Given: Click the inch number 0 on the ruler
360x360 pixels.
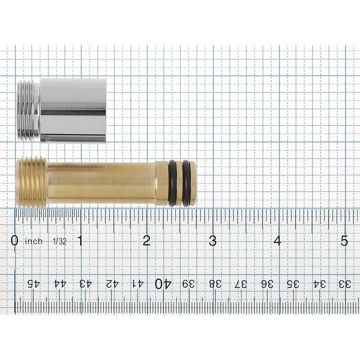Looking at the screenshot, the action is point(15,241).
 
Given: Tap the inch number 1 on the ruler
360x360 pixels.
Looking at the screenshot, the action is point(80,241).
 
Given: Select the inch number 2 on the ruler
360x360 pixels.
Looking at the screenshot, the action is point(146,241).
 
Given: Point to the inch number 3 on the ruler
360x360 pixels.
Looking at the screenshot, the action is point(213,241).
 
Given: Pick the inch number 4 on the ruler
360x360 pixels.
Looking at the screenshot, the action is point(277,241).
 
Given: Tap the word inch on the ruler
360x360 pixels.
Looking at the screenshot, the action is point(34,241).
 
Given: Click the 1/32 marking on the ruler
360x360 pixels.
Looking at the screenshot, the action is point(60,241).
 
